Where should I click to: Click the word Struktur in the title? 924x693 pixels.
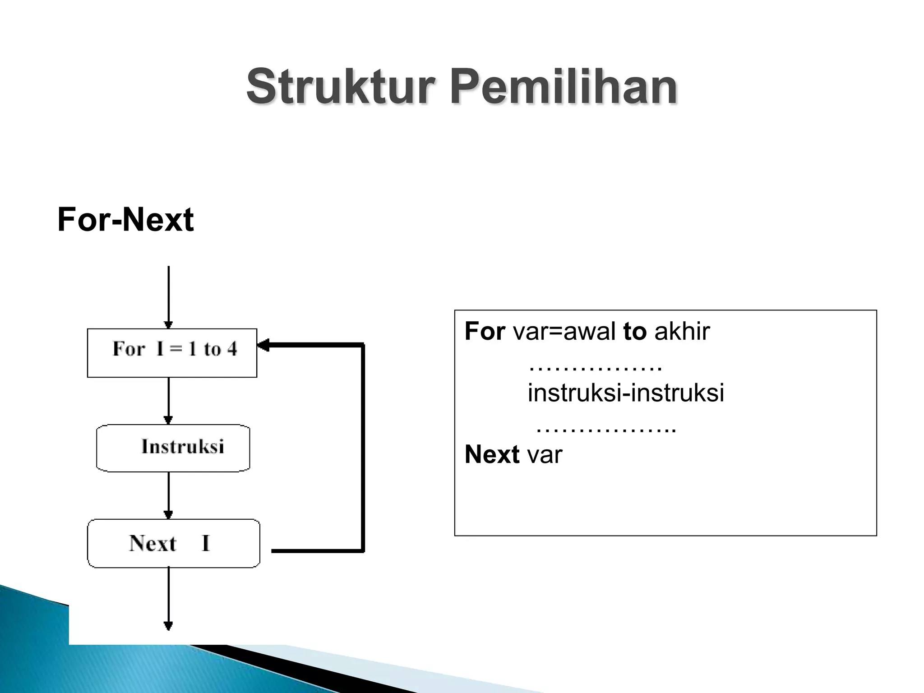click(341, 86)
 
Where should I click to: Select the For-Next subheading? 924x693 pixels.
click(125, 220)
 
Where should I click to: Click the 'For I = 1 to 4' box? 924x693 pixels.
click(172, 353)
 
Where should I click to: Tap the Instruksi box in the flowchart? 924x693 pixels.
click(173, 448)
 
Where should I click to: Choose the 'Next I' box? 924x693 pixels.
click(173, 543)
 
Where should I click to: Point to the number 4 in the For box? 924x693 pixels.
click(232, 349)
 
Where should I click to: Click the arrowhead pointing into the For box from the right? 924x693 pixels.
click(263, 346)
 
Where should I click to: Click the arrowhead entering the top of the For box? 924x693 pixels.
click(168, 325)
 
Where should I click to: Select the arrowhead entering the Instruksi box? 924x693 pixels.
click(168, 420)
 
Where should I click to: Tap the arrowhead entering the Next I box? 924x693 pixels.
click(168, 515)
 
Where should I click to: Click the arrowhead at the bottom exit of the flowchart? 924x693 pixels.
click(168, 626)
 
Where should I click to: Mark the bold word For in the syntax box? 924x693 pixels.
click(485, 332)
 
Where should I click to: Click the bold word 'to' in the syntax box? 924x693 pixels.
click(634, 332)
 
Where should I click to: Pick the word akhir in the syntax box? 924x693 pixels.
click(682, 332)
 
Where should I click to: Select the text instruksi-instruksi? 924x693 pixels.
click(625, 393)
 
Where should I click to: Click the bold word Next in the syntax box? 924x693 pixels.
click(492, 454)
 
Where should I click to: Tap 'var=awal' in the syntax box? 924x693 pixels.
click(564, 332)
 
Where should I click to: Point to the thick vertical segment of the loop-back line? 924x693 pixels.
click(363, 447)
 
